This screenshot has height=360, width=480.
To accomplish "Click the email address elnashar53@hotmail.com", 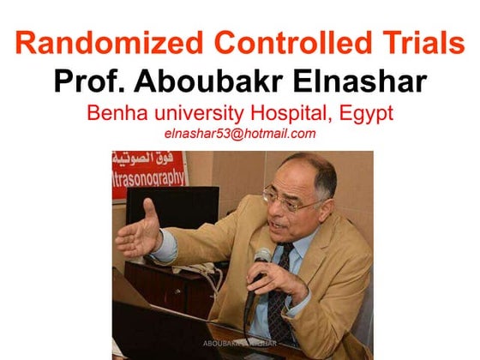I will click(x=239, y=134).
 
